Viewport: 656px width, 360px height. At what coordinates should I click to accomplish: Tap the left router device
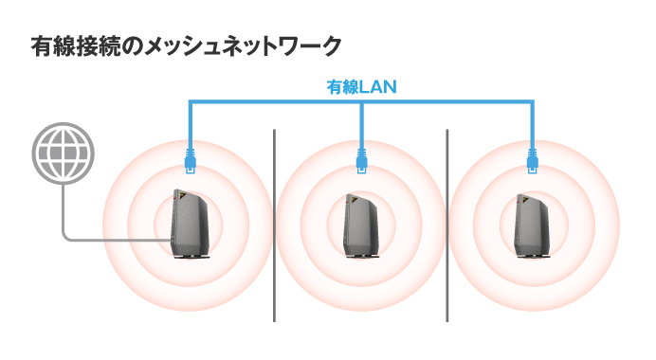191,224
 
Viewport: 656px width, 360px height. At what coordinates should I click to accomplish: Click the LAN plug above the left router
191,157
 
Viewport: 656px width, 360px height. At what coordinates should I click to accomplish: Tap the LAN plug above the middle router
361,157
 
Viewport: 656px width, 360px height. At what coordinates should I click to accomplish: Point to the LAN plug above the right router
531,157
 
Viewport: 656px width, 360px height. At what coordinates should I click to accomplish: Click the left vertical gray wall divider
275,227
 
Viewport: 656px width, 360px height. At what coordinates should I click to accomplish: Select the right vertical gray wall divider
446,227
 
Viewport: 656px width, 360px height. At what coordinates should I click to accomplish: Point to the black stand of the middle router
362,258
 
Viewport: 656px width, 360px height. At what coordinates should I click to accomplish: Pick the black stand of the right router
532,258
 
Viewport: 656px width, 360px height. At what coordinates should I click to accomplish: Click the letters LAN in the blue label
377,87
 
